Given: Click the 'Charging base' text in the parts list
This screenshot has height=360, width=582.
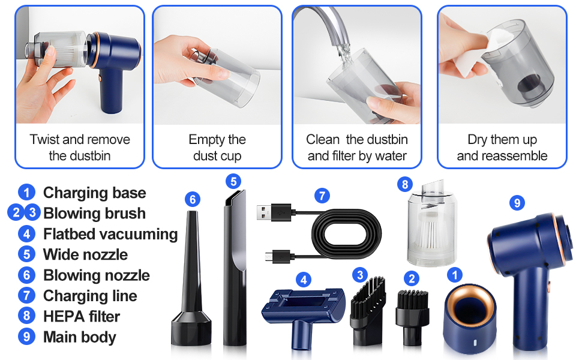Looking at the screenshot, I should click(94, 193).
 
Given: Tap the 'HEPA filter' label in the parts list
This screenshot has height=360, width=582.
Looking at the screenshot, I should click(81, 316).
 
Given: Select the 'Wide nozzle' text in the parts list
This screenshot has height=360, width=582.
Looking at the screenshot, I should click(85, 254).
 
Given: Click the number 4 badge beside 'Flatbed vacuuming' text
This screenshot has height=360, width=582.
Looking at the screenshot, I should click(26, 234).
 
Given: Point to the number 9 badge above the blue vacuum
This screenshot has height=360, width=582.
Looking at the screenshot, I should click(517, 203).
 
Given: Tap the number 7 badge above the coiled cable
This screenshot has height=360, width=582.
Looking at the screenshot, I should click(322, 196).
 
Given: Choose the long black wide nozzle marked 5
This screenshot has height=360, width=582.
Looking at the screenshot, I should click(234, 264).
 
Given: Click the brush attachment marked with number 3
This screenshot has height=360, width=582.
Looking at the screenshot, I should click(366, 312).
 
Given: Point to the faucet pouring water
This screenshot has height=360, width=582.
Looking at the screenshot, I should click(336, 24).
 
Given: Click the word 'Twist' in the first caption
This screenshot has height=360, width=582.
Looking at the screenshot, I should click(44, 140).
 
